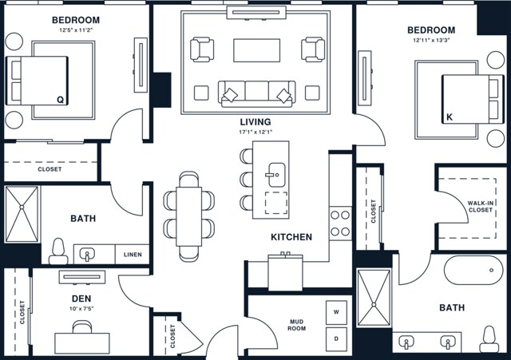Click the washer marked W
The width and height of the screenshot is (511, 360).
click(336, 312)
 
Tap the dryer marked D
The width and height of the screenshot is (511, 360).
click(336, 339)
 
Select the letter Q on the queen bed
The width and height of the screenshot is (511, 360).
click(61, 100)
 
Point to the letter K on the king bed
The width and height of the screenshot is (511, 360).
click(450, 117)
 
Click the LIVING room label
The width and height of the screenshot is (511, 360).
click(255, 122)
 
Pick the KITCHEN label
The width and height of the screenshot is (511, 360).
click(291, 237)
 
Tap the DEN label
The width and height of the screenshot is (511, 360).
click(81, 299)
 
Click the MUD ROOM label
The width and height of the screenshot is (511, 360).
click(296, 325)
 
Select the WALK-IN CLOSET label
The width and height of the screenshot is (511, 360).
click(481, 207)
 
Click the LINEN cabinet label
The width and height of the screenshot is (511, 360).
click(133, 255)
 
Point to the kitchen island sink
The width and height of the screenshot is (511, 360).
click(276, 175)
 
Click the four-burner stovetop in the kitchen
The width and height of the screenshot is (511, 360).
click(340, 224)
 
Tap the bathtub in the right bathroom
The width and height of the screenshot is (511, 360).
click(473, 270)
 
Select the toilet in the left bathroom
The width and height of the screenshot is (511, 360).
click(58, 251)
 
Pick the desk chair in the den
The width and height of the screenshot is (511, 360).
click(82, 326)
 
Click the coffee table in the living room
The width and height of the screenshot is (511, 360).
click(257, 50)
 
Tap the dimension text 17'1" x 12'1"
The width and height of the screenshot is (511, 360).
click(255, 132)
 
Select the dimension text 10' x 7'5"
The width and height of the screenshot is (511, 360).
click(81, 308)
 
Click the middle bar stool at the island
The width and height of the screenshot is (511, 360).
click(246, 180)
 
